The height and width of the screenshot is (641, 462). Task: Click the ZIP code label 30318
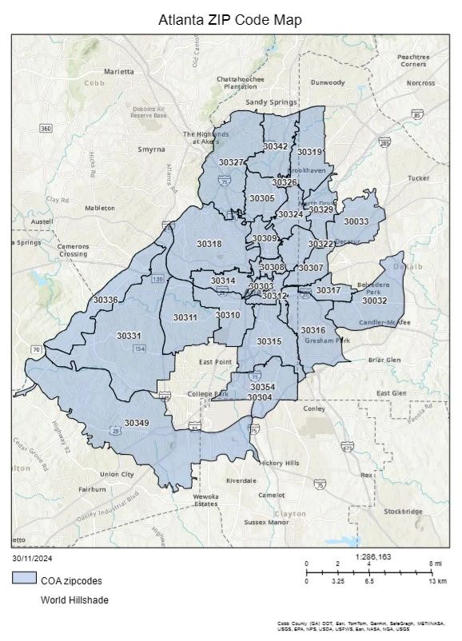coord(209,244)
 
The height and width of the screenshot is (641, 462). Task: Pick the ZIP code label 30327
coord(232,162)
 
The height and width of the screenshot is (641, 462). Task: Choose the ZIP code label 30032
coord(374,301)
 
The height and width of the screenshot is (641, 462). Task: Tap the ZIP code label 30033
coord(356,221)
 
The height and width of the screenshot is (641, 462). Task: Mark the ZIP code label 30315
coord(269,341)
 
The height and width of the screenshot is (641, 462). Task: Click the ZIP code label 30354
coord(262,387)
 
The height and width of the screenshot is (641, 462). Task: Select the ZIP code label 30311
coord(185,317)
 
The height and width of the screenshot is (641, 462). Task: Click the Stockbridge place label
coord(403,511)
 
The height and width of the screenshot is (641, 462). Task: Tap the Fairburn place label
coord(93,488)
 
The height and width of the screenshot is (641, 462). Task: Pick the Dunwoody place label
coord(328,82)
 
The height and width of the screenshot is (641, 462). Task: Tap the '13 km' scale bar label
coord(436,581)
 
